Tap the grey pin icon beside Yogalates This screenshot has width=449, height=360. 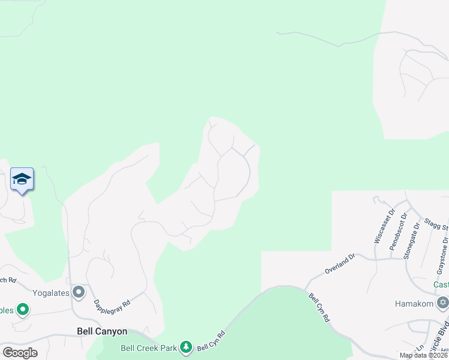79,292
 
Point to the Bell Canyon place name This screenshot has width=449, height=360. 102,331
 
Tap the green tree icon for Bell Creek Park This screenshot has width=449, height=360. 186,347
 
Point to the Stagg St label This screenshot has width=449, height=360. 436,224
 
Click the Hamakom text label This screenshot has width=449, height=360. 415,304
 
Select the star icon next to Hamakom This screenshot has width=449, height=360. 443,302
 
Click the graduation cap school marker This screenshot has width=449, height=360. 22,179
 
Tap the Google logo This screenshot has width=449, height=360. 19,352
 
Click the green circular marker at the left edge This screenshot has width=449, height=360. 23,310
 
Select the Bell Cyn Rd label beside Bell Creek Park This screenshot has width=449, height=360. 211,342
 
